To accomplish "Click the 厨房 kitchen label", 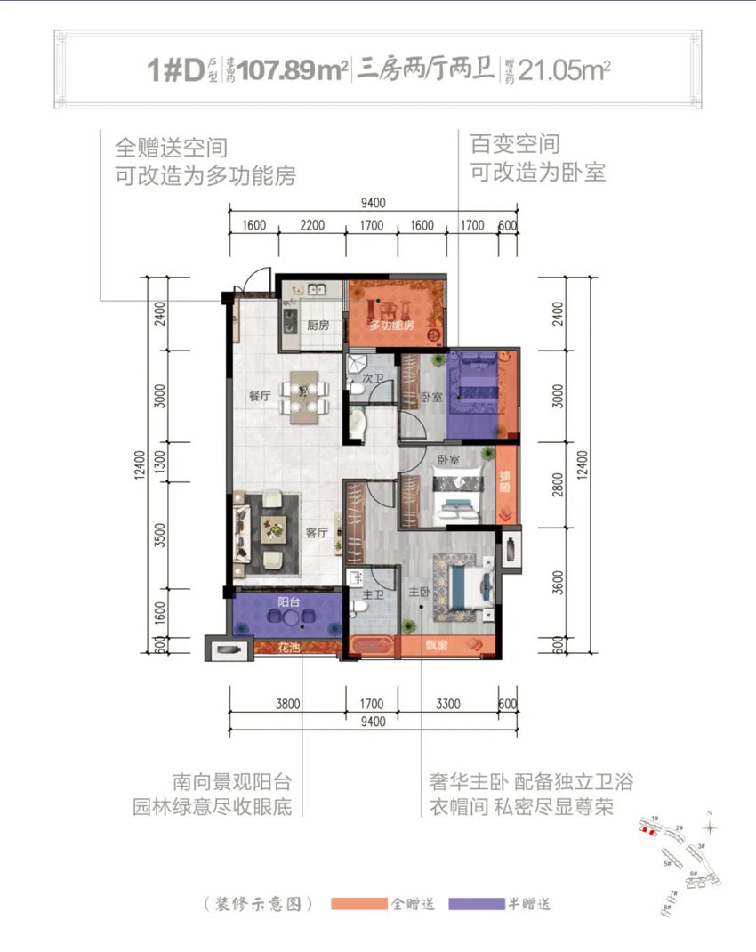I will coord(318,326).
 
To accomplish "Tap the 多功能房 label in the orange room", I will coord(392,327).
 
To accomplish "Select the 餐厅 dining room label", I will coord(260,397).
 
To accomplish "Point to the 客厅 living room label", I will coord(318,534).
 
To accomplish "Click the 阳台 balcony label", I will coord(288,602).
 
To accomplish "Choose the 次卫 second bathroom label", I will coord(373,378).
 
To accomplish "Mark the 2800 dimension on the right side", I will coord(558,488).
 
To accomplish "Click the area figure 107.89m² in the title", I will coord(286,70).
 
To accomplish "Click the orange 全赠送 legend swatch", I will coord(359,904).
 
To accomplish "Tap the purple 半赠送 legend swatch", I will coord(478,904).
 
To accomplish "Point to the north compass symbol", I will coord(709,826).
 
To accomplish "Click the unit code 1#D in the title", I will coord(176,70).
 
